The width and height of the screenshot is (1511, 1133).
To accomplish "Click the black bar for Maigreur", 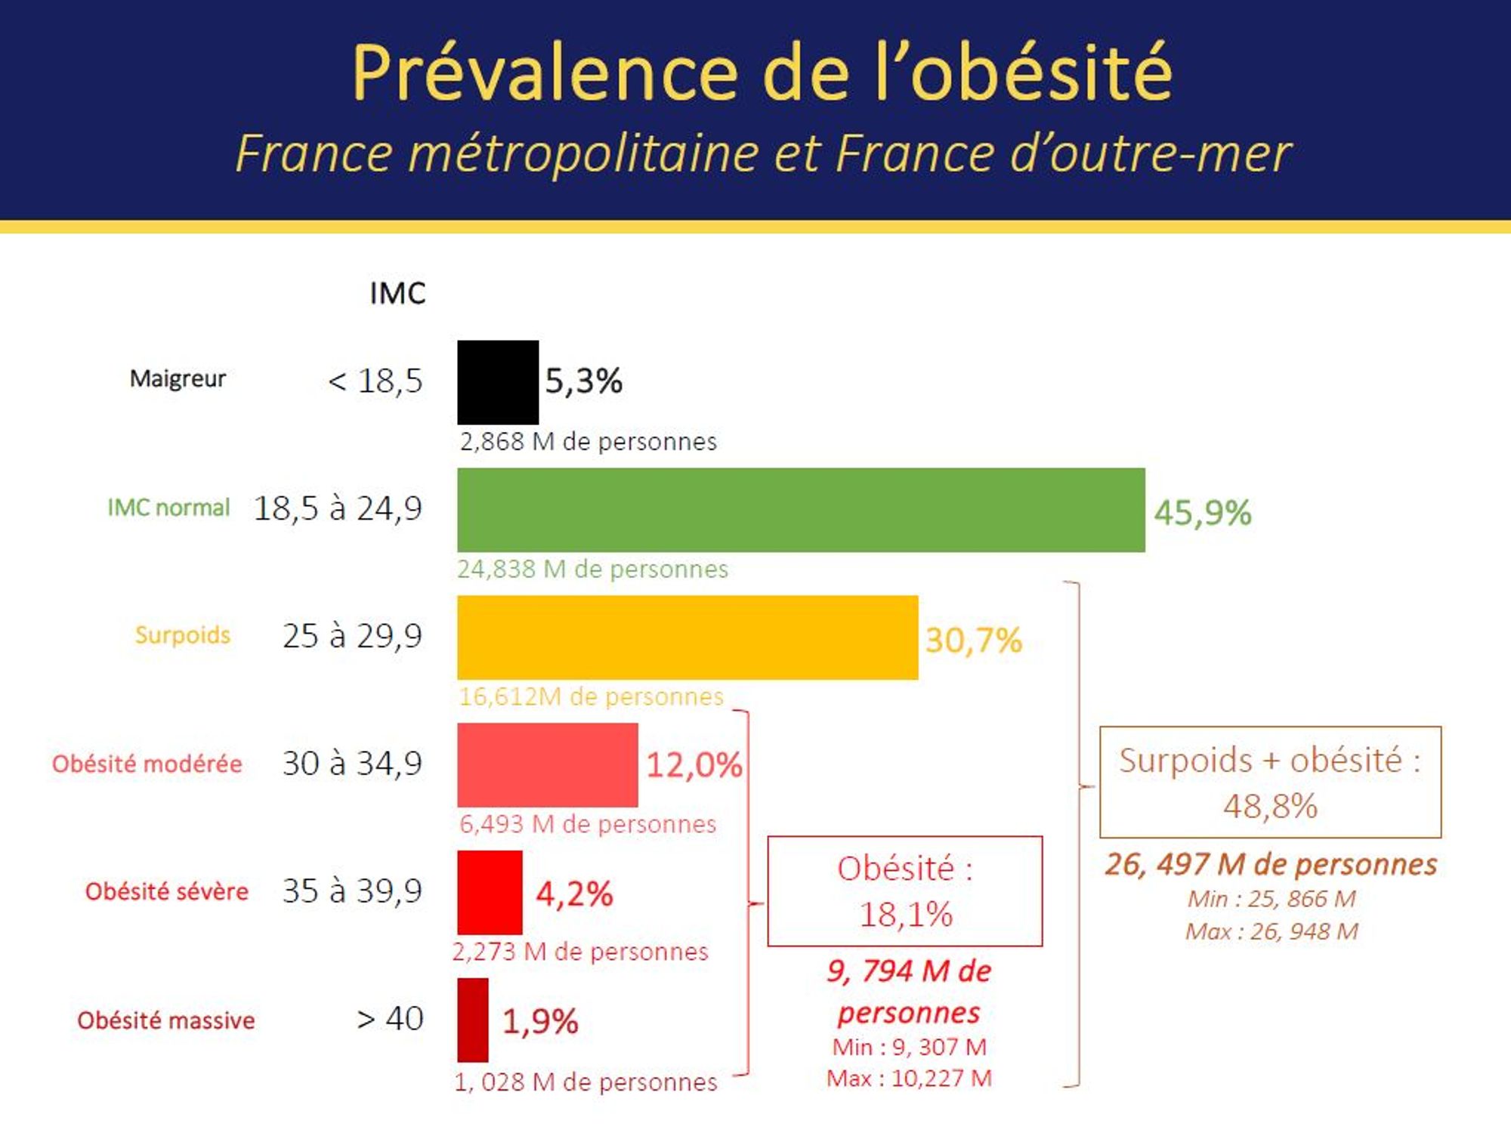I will [498, 382].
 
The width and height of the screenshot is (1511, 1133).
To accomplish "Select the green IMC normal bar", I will [801, 510].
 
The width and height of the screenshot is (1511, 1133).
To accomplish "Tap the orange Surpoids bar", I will [688, 638].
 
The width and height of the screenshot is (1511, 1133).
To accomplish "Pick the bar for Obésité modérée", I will [547, 764].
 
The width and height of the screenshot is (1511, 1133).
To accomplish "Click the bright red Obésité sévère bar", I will [490, 892].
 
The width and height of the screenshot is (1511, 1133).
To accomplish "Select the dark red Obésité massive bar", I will [473, 1020].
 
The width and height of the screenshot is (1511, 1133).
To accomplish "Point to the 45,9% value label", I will [1202, 513].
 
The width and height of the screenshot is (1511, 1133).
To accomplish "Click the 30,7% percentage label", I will [973, 641].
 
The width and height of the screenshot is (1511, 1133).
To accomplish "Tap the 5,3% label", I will [583, 381].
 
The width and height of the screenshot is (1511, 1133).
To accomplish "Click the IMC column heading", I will [397, 293].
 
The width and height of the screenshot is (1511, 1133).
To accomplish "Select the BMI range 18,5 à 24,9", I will [338, 508].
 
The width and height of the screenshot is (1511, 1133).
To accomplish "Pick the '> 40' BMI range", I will [390, 1019].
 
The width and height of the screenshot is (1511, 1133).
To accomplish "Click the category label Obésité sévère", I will [166, 892].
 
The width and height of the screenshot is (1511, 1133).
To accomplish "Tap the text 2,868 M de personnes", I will [588, 441].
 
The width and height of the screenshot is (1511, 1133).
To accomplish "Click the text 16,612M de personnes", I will [591, 696].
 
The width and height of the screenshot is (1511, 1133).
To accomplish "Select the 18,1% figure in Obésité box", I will [906, 915].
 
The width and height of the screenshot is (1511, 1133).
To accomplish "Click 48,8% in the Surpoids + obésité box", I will [1270, 806].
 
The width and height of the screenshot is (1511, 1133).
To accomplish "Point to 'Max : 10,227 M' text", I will [909, 1078].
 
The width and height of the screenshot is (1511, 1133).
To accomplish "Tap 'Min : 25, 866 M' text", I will [1272, 899].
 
